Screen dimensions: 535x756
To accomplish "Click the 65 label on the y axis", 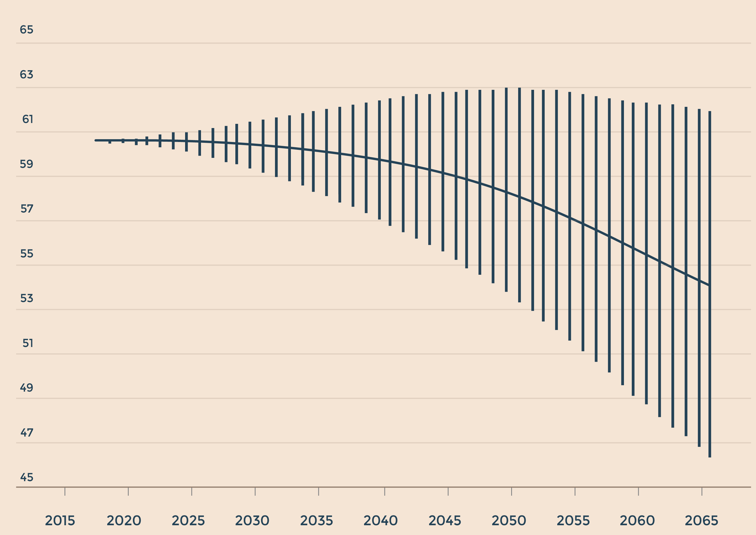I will pyautogui.click(x=26, y=30).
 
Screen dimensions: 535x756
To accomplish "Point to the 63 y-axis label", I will pyautogui.click(x=26, y=74).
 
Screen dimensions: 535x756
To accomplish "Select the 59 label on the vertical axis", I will pyautogui.click(x=26, y=164).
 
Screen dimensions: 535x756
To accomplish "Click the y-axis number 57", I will pyautogui.click(x=27, y=209).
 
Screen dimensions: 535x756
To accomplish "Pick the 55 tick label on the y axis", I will pyautogui.click(x=27, y=253).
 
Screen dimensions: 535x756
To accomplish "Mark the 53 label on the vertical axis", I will pyautogui.click(x=27, y=298).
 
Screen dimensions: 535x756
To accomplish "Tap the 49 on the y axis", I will pyautogui.click(x=26, y=387).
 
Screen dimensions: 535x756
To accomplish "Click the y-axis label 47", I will pyautogui.click(x=27, y=432).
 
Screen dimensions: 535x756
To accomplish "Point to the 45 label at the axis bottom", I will pyautogui.click(x=27, y=477).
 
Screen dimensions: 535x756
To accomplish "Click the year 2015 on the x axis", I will pyautogui.click(x=60, y=520).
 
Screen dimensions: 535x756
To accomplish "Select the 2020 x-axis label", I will pyautogui.click(x=124, y=520).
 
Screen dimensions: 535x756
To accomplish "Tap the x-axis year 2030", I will pyautogui.click(x=252, y=520).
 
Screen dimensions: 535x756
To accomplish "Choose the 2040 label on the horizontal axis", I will pyautogui.click(x=381, y=520).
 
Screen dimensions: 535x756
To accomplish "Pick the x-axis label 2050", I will pyautogui.click(x=509, y=520).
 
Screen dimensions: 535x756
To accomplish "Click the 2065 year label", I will pyautogui.click(x=701, y=520).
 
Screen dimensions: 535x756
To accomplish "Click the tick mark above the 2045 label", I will pyautogui.click(x=448, y=491).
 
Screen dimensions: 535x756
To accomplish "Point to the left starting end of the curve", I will pyautogui.click(x=95, y=140).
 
